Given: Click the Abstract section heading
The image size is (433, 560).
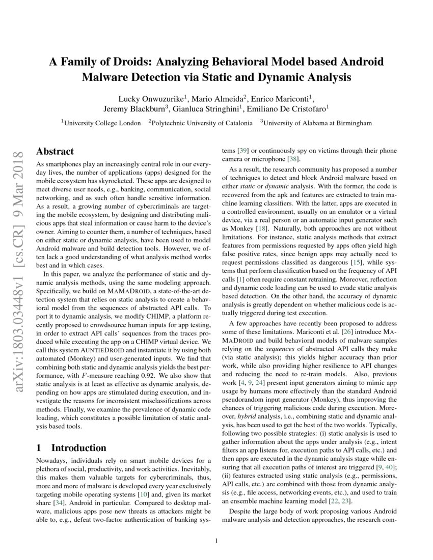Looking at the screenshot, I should (x=55, y=151).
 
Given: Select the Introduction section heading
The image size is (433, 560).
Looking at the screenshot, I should (x=71, y=448).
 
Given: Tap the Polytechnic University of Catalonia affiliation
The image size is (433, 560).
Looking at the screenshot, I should (x=202, y=123).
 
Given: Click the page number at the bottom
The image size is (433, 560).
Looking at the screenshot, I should (x=217, y=541).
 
